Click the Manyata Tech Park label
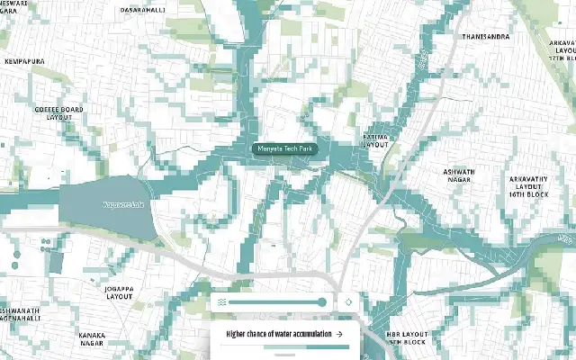(x=280, y=149)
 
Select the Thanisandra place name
(x=485, y=37)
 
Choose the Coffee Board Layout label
(x=58, y=113)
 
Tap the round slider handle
(x=321, y=303)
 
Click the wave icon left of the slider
(x=221, y=303)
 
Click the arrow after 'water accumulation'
(x=340, y=334)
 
